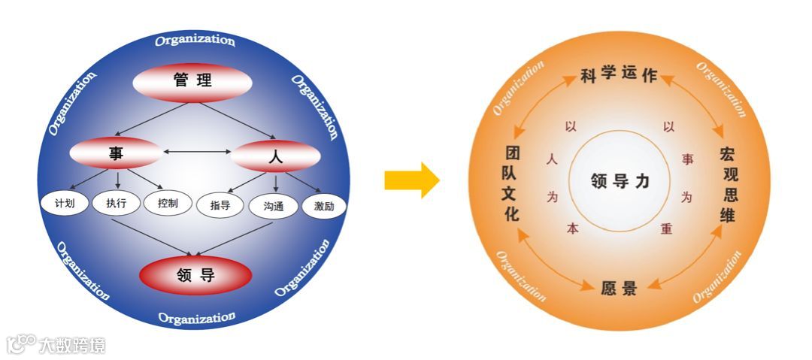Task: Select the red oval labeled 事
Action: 115,154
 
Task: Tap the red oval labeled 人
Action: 275,157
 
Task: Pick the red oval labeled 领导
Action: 195,276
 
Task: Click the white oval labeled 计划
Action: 65,203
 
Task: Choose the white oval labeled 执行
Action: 117,203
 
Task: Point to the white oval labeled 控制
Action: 168,204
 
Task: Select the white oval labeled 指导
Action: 220,205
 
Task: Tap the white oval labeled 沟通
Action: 274,206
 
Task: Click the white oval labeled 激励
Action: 325,206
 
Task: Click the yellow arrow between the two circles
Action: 411,180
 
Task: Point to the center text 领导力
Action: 620,181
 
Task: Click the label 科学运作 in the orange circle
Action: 619,75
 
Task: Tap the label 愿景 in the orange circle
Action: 620,288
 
